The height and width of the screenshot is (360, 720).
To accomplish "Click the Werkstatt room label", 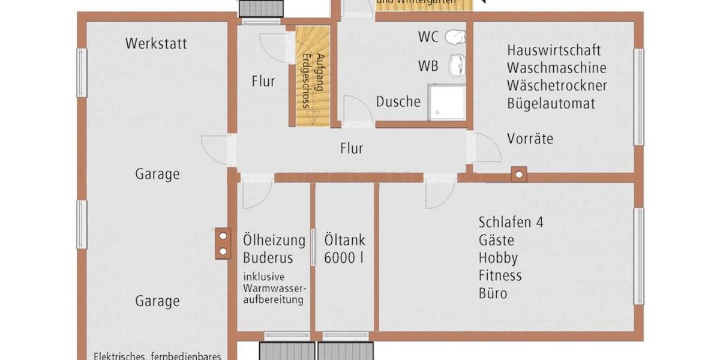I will (156, 44).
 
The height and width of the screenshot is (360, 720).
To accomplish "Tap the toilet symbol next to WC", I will (455, 37).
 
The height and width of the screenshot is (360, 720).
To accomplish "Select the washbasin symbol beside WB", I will (457, 65).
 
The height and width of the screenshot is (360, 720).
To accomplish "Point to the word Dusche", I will (398, 102).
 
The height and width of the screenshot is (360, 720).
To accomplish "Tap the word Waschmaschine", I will (556, 68).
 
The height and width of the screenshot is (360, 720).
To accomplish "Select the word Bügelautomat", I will (551, 104).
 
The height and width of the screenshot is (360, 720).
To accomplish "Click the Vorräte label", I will (530, 139).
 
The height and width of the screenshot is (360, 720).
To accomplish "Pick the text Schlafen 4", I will (511, 222).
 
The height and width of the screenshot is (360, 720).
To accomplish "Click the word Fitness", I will (500, 276).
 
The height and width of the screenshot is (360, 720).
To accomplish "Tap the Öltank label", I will (344, 241).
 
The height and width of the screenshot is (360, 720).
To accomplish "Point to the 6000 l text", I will (344, 259).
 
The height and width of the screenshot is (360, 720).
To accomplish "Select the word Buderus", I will (268, 259).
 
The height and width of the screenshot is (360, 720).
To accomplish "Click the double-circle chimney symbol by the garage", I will (223, 243).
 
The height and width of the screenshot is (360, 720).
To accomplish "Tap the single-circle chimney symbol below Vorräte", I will (518, 175).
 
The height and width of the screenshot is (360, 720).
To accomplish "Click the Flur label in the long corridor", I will (351, 148).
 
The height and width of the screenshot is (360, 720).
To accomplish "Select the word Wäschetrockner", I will (557, 86).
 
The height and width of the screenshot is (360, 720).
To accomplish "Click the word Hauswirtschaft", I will (554, 50).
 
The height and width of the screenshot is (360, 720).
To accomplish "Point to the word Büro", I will (493, 294).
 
